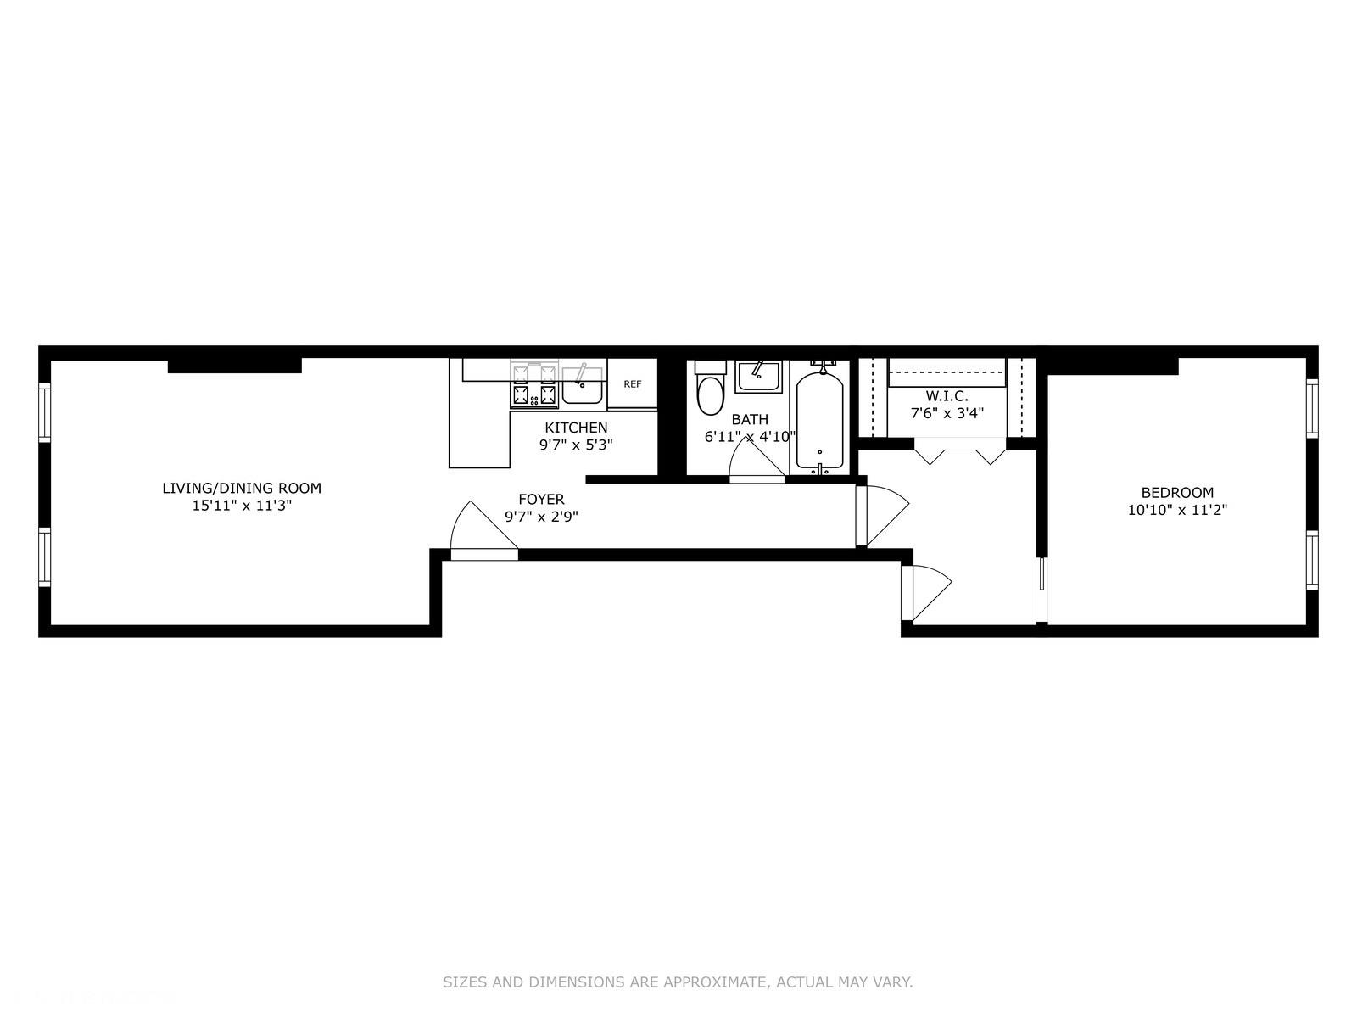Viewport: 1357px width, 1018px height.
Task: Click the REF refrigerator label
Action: (633, 384)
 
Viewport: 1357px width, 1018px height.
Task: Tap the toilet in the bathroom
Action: (710, 394)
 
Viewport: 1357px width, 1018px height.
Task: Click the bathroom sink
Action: (758, 377)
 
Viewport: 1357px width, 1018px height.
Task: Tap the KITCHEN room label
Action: (576, 428)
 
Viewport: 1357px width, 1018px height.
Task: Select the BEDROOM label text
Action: (1177, 492)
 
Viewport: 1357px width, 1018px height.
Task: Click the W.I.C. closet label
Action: (947, 396)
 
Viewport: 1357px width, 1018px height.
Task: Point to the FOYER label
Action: (541, 500)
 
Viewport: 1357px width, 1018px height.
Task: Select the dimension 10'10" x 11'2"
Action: (1177, 511)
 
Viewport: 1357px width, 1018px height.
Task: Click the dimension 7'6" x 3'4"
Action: (947, 413)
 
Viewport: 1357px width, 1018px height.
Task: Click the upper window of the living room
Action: (45, 411)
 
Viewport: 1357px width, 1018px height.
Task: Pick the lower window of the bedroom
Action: (1312, 559)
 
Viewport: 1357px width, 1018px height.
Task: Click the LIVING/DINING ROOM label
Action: (242, 488)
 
